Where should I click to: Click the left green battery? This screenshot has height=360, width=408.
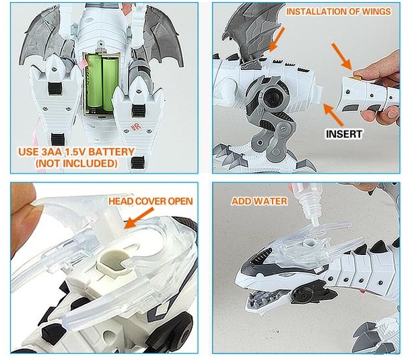pos(95,82)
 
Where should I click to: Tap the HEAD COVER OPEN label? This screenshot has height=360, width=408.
pos(150,201)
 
